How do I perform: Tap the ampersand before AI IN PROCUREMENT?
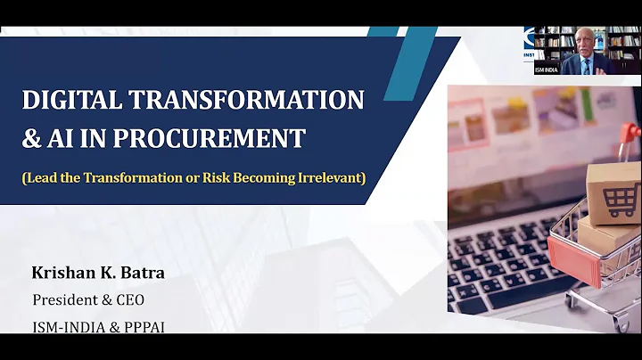coord(31,139)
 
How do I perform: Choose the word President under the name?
coord(65,299)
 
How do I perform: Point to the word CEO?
coord(129,299)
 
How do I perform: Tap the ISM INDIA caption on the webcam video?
coord(547,70)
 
